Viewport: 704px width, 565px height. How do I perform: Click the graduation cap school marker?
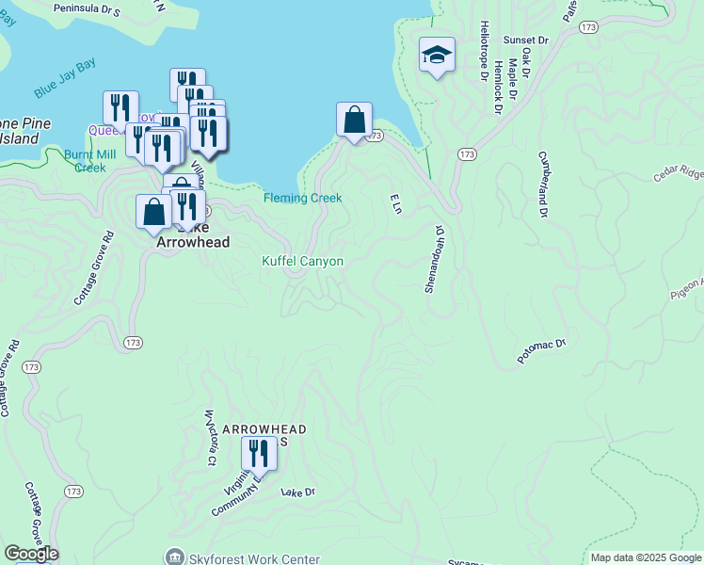[438, 56]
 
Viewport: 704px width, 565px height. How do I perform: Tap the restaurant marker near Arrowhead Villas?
[258, 454]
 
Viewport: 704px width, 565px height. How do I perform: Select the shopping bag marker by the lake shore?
[354, 121]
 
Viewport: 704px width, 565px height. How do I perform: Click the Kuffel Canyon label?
[302, 261]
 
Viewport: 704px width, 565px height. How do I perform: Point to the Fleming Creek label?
[302, 198]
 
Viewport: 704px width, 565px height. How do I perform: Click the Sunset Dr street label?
[525, 40]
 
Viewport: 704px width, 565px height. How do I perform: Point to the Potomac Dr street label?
[540, 352]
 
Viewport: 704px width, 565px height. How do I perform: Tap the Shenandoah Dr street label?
[433, 259]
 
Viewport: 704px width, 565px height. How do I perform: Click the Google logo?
[31, 554]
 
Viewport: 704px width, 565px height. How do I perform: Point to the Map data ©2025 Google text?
[646, 557]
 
